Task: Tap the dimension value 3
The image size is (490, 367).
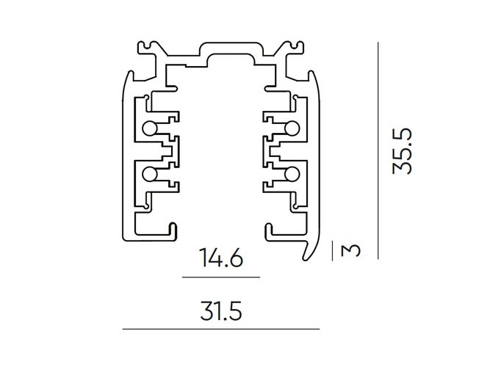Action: coord(352,250)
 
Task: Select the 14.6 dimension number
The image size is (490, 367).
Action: coord(220,258)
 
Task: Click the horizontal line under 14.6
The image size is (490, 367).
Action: coord(220,277)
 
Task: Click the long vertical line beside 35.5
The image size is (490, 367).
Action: coord(378,150)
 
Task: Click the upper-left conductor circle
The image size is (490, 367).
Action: coord(149,129)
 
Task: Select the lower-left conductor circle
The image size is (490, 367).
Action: coord(149,173)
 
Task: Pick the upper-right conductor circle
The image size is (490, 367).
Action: coord(292,129)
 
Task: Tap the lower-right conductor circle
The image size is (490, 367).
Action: coord(292,173)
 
